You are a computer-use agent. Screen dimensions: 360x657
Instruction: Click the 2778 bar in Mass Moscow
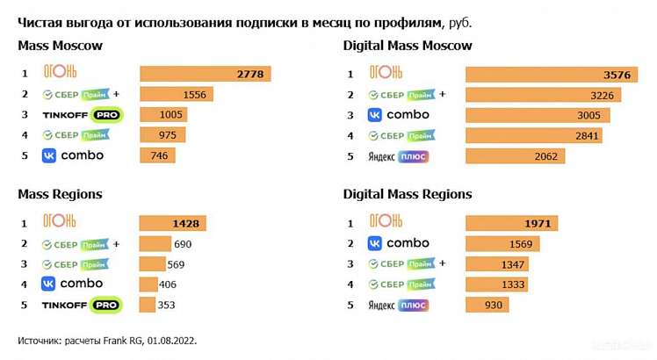click(x=205, y=74)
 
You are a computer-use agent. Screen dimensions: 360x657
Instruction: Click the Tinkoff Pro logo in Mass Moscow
click(x=82, y=115)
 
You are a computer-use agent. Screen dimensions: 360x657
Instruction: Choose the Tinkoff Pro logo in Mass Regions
click(x=82, y=305)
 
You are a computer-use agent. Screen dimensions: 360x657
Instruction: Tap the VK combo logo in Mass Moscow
click(x=73, y=155)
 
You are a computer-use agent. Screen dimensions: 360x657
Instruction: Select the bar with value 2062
click(x=515, y=155)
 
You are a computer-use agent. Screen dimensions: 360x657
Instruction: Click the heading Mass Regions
click(x=60, y=194)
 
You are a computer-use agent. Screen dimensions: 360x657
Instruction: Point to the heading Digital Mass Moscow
click(x=408, y=46)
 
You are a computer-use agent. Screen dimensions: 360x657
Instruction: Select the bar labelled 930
click(x=486, y=305)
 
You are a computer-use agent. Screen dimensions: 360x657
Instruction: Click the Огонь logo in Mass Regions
click(x=60, y=221)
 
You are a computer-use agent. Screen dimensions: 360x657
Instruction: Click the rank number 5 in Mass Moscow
click(x=25, y=155)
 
